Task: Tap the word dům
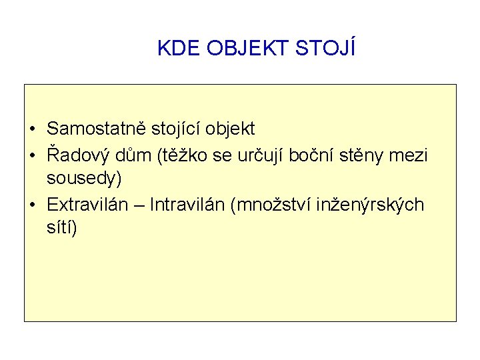point(133,155)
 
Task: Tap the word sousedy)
point(84,179)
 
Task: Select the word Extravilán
point(87,204)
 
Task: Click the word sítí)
point(62,228)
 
